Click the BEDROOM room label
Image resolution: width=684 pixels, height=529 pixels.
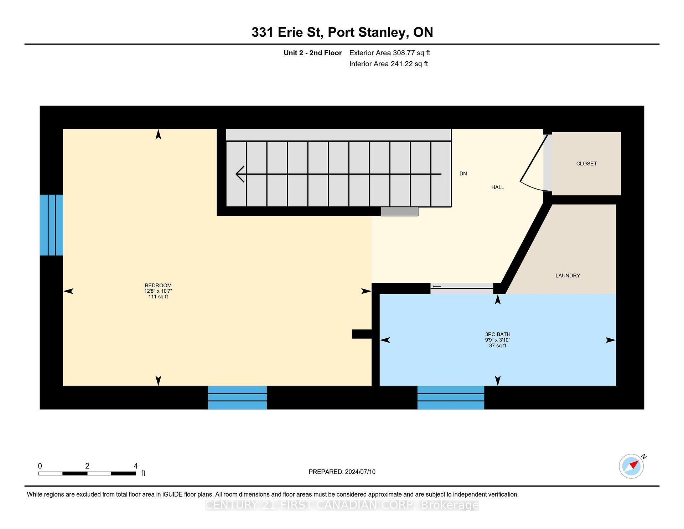[x=158, y=286]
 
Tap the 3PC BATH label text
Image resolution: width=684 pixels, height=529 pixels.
[x=498, y=334]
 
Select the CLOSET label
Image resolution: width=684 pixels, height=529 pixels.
[x=586, y=164]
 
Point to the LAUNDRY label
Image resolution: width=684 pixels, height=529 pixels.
[x=568, y=276]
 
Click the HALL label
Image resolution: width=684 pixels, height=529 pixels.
[x=498, y=187]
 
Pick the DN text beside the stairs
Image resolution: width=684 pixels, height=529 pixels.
[x=463, y=174]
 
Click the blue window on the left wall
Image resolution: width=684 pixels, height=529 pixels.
[x=51, y=225]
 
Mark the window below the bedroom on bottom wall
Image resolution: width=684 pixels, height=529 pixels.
[x=237, y=397]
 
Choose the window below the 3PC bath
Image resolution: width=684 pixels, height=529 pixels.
[x=451, y=397]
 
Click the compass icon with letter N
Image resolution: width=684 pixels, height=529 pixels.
[x=632, y=466]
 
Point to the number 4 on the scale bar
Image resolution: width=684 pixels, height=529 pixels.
[x=135, y=466]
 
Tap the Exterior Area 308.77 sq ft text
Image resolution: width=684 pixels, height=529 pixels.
[x=389, y=53]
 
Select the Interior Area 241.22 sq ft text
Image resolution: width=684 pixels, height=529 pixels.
[x=388, y=64]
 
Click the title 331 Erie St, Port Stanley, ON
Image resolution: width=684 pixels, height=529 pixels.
[x=342, y=32]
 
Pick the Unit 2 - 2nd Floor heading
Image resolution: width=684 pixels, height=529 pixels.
[x=312, y=53]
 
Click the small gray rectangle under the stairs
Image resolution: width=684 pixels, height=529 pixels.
[x=399, y=212]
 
